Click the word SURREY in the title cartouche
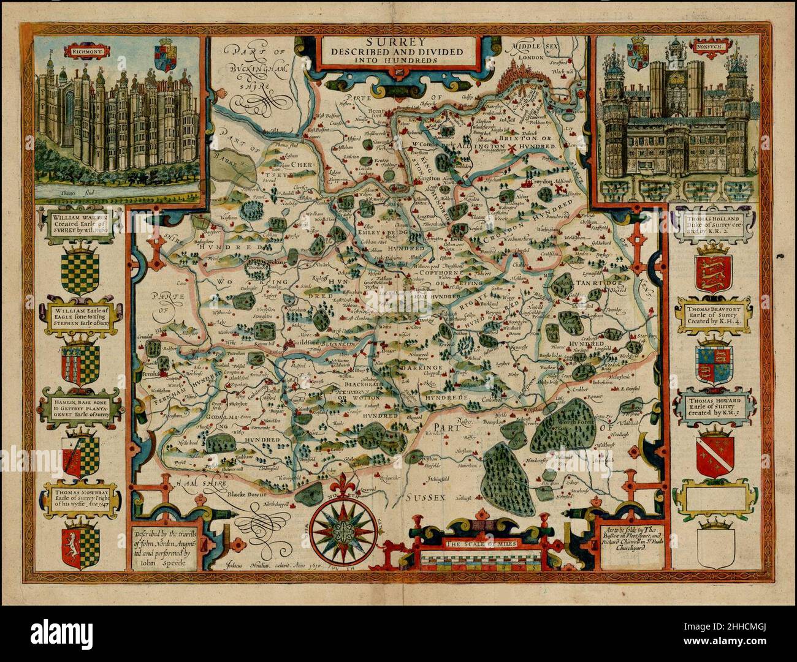(x=399, y=42)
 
